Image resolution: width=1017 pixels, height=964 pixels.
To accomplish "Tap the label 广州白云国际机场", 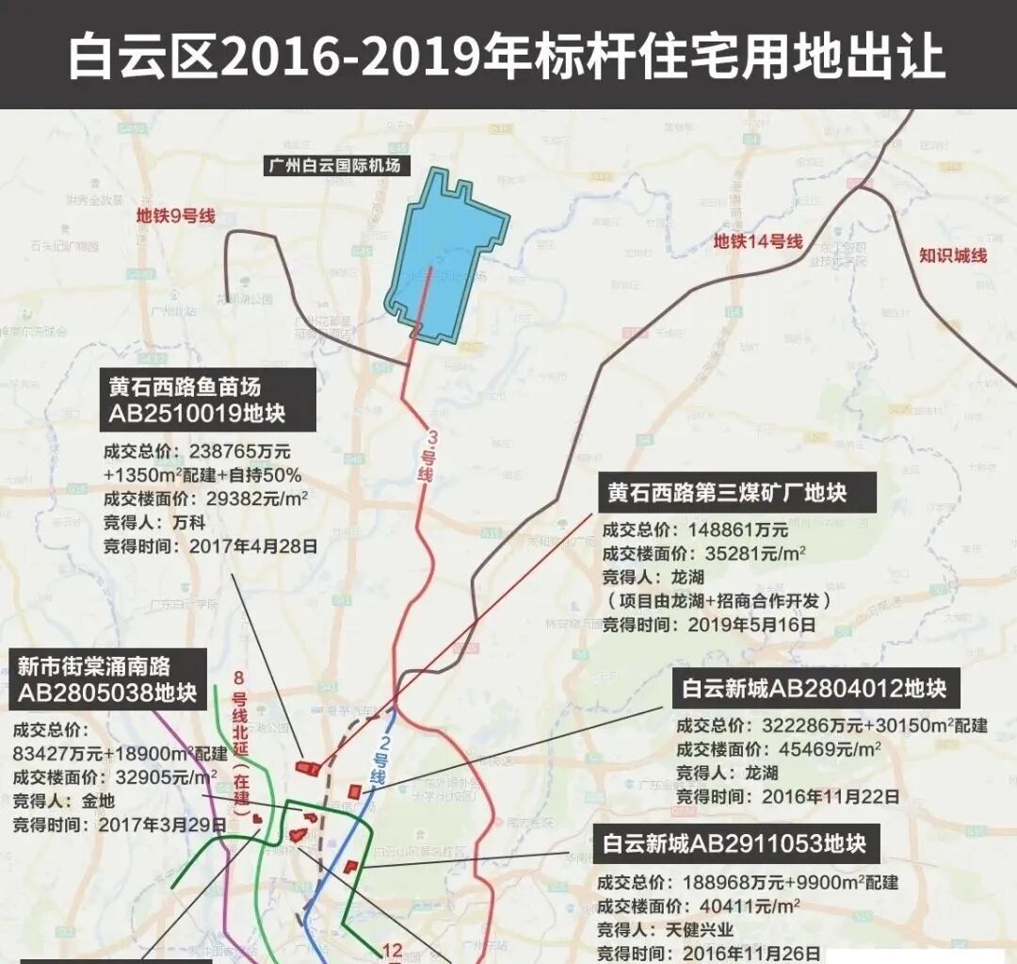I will click(335, 166).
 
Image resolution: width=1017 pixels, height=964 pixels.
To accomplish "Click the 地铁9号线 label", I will click(175, 216).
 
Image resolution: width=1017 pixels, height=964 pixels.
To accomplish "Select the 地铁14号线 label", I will click(757, 241).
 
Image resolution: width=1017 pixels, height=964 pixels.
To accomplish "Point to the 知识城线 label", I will click(953, 254).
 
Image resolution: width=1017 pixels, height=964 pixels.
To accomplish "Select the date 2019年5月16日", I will click(751, 624).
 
